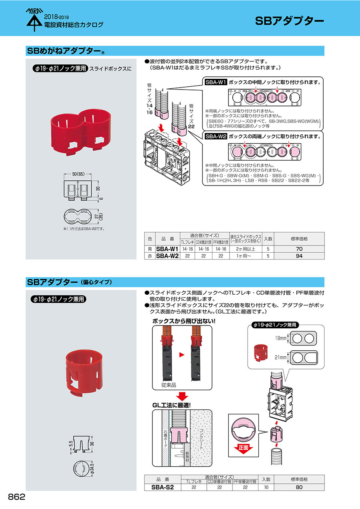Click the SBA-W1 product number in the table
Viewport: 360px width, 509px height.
pyautogui.click(x=167, y=249)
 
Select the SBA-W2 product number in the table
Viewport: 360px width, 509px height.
pyautogui.click(x=167, y=256)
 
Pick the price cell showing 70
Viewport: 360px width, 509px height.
pyautogui.click(x=299, y=249)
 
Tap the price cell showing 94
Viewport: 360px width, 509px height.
pyautogui.click(x=299, y=256)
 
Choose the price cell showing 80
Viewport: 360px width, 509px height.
pyautogui.click(x=299, y=487)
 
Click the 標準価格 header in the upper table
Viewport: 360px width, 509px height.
pyautogui.click(x=299, y=239)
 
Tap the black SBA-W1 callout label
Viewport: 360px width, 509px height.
pyautogui.click(x=216, y=82)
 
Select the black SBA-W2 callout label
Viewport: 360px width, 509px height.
pyautogui.click(x=216, y=136)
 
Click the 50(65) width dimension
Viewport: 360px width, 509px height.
pyautogui.click(x=80, y=175)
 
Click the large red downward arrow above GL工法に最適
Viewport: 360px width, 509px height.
pyautogui.click(x=182, y=396)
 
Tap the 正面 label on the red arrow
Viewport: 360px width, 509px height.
pyautogui.click(x=243, y=448)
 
